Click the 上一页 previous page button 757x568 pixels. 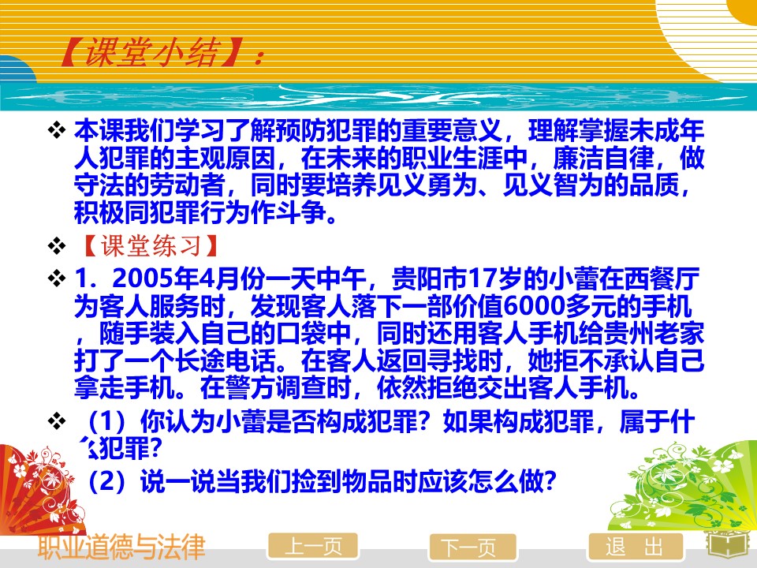[313, 547]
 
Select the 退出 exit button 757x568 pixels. [636, 547]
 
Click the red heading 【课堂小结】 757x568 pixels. [149, 52]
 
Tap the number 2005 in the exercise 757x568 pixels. [143, 278]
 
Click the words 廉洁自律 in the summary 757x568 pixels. [603, 158]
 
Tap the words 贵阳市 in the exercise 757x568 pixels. [429, 278]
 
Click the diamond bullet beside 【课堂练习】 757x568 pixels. [57, 246]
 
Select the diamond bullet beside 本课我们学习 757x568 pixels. [57, 130]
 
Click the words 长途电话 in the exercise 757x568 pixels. [226, 360]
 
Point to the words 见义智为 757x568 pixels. [553, 185]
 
